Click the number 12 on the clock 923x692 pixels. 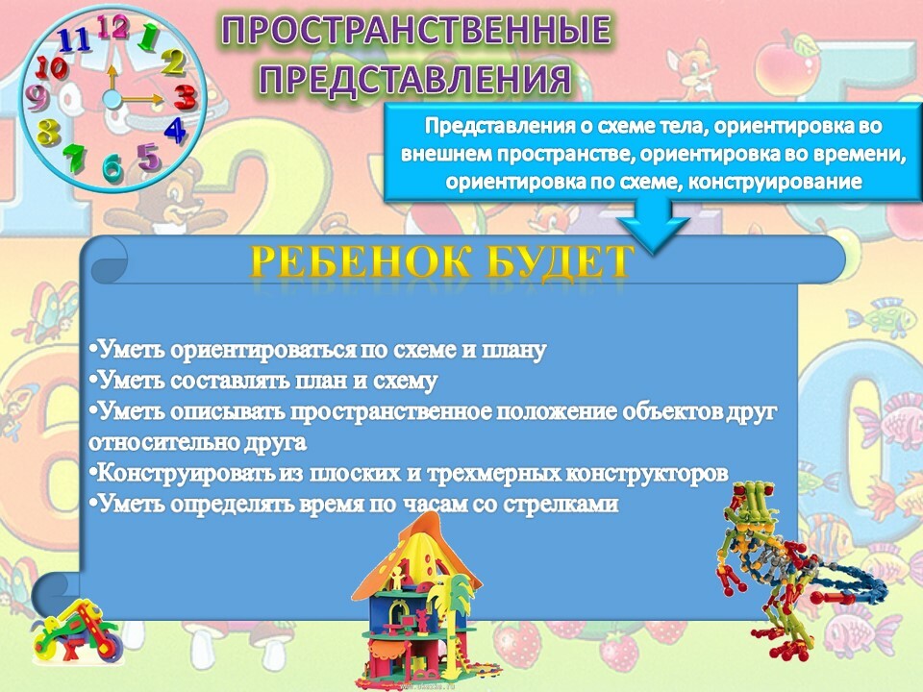tap(112, 27)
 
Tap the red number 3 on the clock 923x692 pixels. tap(185, 97)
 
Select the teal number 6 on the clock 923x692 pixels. tap(113, 166)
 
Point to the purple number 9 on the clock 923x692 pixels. tap(37, 98)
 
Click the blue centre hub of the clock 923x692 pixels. tap(112, 99)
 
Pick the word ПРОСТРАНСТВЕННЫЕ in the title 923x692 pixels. tap(416, 31)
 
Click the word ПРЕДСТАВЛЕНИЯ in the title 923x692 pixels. tap(415, 79)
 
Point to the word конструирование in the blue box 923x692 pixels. tap(775, 182)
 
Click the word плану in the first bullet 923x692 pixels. tap(513, 351)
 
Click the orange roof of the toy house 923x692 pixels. tap(415, 556)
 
